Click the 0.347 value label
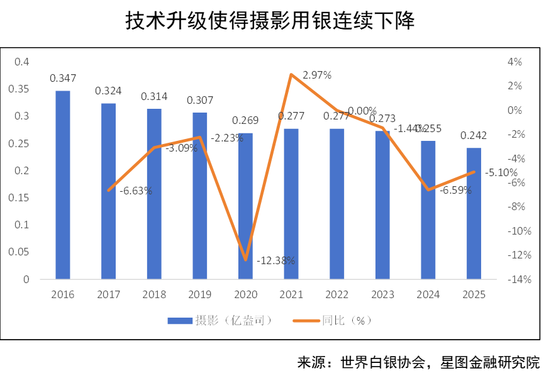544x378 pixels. pyautogui.click(x=63, y=79)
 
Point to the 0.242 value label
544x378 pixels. pyautogui.click(x=474, y=135)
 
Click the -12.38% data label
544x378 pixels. pyautogui.click(x=277, y=260)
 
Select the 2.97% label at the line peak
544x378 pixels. pyautogui.click(x=318, y=75)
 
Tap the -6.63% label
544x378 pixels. pyautogui.click(x=135, y=191)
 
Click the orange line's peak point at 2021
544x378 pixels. pyautogui.click(x=291, y=74)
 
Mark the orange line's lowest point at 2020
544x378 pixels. pyautogui.click(x=245, y=260)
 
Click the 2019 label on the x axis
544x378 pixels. pyautogui.click(x=200, y=294)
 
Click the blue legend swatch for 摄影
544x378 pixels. pyautogui.click(x=180, y=321)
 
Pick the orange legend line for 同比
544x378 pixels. pyautogui.click(x=307, y=321)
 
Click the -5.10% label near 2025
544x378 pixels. pyautogui.click(x=502, y=172)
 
